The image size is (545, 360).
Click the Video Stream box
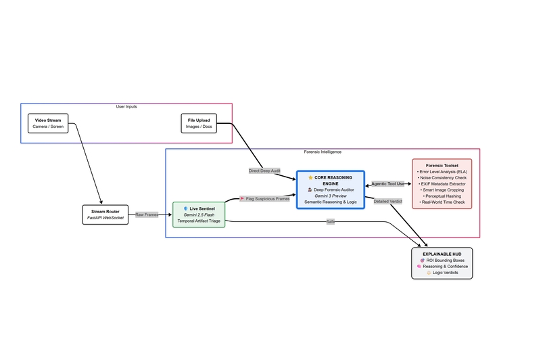point(48,123)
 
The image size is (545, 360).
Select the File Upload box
point(199,123)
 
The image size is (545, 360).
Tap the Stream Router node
point(103,215)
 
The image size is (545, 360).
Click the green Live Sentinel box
point(198,215)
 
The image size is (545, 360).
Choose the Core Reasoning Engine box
point(330,189)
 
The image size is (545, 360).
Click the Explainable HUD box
point(442,263)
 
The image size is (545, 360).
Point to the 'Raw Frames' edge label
point(147,215)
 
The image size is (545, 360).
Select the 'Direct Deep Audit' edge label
point(264,171)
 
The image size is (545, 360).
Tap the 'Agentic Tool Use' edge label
point(387,183)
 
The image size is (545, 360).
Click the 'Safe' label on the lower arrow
point(331,221)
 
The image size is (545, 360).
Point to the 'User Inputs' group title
point(126,107)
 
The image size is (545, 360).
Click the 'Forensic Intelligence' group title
point(323,152)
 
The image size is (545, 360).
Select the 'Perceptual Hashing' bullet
point(442,196)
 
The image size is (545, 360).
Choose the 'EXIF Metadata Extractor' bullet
point(442,183)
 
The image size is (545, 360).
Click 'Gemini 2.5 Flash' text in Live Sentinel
point(198,215)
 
